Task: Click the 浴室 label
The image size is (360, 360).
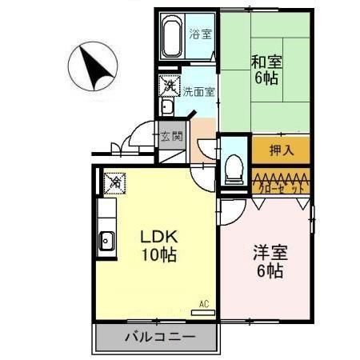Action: tap(200, 34)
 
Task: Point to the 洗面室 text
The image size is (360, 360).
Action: tap(198, 91)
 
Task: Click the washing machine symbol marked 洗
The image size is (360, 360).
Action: tap(170, 82)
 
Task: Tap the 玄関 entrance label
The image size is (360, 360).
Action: tap(170, 136)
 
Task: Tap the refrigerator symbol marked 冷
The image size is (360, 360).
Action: tap(115, 183)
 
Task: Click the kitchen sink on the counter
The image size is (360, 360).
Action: tap(106, 238)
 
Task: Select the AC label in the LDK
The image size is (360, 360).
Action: tap(203, 302)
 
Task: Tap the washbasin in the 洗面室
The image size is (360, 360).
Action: tap(167, 107)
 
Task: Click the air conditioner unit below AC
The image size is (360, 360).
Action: tap(203, 311)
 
